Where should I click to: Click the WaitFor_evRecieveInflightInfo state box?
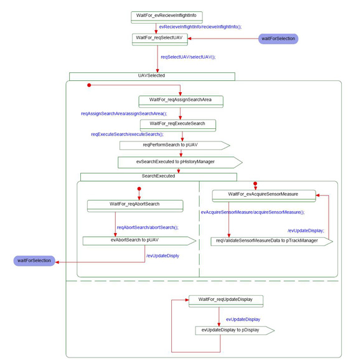(167, 17)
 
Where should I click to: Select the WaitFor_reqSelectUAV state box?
(160, 39)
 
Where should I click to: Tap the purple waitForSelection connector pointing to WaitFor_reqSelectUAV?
(278, 39)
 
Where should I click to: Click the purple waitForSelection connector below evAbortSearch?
(34, 261)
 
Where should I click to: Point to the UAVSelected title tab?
(152, 77)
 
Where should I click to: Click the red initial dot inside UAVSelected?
(89, 85)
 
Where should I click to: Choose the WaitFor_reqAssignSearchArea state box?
(180, 102)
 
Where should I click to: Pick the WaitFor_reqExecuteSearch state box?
(178, 125)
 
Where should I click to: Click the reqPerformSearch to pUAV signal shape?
(174, 146)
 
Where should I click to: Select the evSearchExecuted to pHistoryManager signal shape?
(180, 163)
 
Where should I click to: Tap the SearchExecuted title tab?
(158, 177)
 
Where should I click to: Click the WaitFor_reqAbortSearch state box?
(135, 206)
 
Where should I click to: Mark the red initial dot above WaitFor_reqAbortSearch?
(139, 189)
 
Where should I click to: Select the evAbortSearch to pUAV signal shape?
(139, 240)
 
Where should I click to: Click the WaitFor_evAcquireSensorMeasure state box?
(264, 196)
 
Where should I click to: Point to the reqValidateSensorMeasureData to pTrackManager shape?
(271, 242)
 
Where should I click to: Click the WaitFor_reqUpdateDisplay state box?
(226, 301)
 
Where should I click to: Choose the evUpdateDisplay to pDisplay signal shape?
(235, 331)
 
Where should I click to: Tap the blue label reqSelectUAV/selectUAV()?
(188, 57)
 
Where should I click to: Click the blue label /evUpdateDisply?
(162, 255)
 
